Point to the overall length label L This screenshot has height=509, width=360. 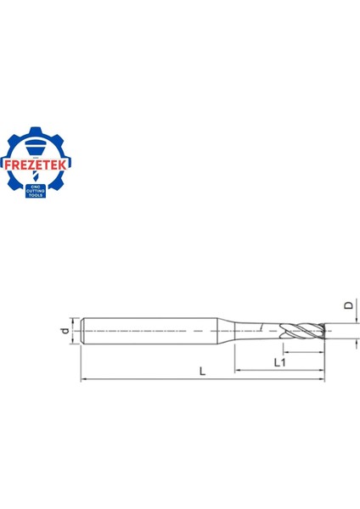pos(201,372)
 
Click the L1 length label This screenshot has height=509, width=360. pos(279,363)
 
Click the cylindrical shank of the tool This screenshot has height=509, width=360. pos(153,330)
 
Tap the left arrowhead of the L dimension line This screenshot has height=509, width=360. pos(82,380)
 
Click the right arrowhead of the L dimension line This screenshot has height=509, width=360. pos(322,380)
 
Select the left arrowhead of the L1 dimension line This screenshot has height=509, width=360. pos(239,371)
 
